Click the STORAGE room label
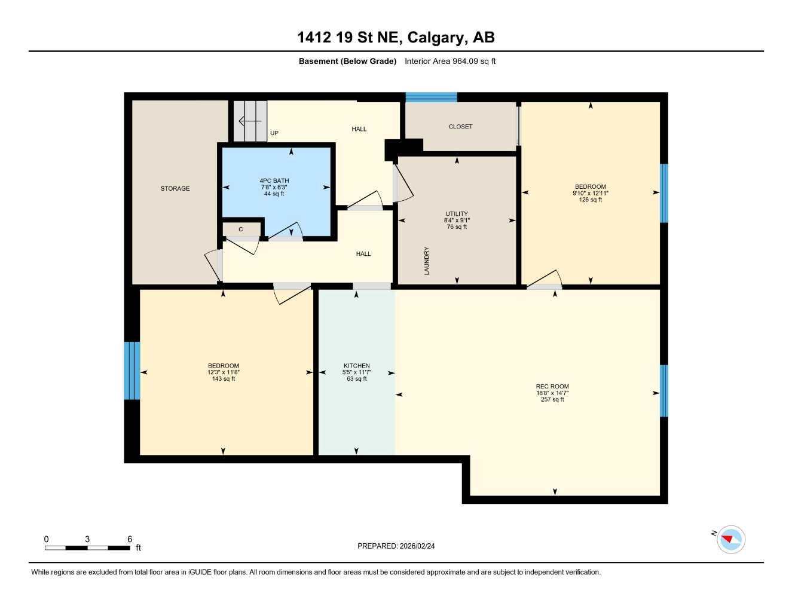[x=175, y=189]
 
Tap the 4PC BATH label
[x=274, y=180]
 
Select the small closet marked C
[x=241, y=229]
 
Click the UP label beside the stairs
[x=274, y=133]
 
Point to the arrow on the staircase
[x=249, y=122]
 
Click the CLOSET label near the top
[x=460, y=127]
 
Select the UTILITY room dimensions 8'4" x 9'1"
[x=457, y=221]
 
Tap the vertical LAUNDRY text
[x=427, y=261]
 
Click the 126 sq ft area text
[x=591, y=200]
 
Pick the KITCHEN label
[x=357, y=366]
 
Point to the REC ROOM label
[x=552, y=387]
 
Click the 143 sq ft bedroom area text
[x=224, y=379]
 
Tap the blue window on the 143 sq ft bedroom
[x=132, y=371]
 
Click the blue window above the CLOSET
[x=431, y=97]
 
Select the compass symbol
[x=730, y=539]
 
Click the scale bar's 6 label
[x=130, y=539]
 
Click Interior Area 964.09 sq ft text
[x=450, y=61]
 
